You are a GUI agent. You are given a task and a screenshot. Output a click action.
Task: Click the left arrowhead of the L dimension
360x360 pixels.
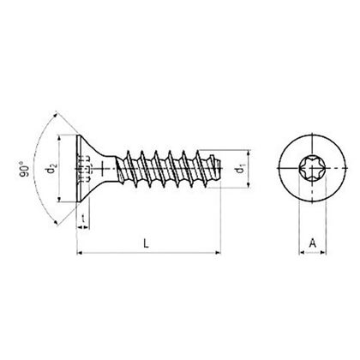click(x=81, y=253)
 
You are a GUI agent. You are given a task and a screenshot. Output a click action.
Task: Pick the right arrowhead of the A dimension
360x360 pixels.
click(x=322, y=253)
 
